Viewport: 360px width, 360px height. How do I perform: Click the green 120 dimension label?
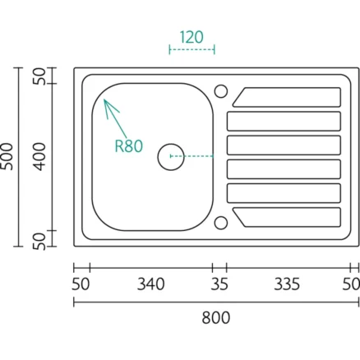(192, 37)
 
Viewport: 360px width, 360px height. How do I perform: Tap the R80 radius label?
(128, 146)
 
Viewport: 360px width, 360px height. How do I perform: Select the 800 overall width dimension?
(216, 318)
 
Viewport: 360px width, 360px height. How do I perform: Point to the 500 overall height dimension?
(7, 156)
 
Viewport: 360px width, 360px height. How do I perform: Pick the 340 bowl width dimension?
(151, 284)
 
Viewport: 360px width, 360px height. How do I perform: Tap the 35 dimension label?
(219, 284)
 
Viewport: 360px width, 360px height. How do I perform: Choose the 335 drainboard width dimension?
(287, 284)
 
